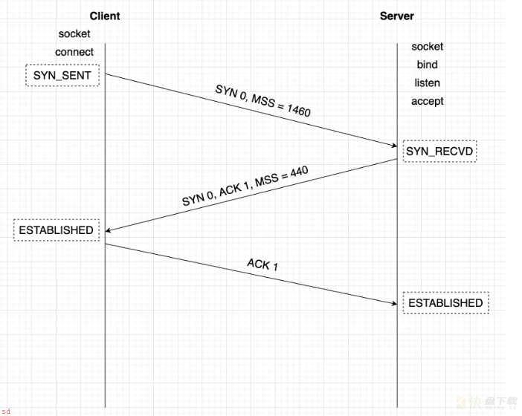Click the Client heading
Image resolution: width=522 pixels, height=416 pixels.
tap(105, 16)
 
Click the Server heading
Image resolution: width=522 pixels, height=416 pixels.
tap(397, 16)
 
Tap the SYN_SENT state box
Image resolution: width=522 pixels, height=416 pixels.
tap(62, 76)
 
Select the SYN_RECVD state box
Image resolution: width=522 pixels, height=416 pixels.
tap(439, 152)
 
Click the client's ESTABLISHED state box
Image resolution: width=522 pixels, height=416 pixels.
tap(57, 230)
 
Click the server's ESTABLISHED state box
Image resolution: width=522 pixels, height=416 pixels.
tap(445, 303)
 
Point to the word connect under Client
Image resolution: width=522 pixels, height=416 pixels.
tap(74, 52)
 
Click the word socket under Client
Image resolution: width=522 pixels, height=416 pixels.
tap(74, 34)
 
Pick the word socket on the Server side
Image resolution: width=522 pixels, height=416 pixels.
tap(427, 47)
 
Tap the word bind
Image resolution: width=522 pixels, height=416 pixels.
tap(427, 65)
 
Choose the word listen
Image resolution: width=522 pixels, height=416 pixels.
tap(427, 82)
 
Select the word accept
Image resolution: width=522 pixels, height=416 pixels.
tap(427, 101)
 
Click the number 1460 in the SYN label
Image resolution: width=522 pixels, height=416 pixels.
tap(298, 110)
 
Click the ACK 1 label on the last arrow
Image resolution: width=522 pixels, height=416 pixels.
tap(262, 264)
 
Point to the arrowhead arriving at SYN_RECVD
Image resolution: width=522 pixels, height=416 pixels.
tap(395, 145)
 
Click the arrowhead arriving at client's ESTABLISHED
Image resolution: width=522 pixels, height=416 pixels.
tap(109, 230)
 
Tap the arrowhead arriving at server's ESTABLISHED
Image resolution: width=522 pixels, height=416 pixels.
tap(395, 303)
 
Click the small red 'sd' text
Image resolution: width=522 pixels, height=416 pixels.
tap(7, 412)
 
